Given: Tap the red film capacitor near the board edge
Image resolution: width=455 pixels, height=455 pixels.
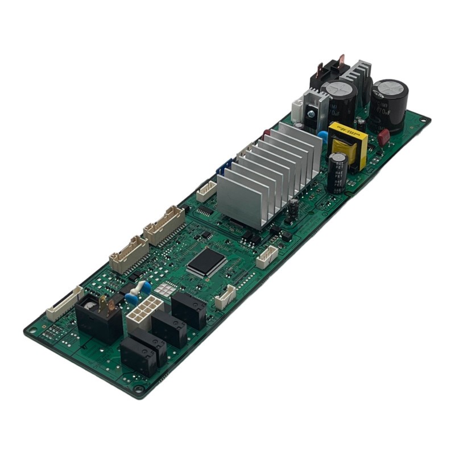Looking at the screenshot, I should [x=383, y=137].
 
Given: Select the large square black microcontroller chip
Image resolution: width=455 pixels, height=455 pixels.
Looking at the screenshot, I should [x=205, y=262].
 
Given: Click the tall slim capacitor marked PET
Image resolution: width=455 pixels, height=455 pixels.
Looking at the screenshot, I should [x=337, y=171].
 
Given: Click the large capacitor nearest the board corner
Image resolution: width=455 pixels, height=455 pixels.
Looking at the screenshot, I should [x=390, y=102].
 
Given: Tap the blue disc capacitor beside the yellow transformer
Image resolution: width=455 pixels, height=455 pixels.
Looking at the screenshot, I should [x=323, y=137].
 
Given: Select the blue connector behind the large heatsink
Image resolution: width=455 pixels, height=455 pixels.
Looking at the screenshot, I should [x=224, y=168].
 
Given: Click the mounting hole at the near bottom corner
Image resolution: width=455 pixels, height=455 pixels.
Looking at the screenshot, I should [x=138, y=389].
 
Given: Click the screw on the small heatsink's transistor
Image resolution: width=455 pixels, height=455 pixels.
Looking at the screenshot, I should [x=311, y=113].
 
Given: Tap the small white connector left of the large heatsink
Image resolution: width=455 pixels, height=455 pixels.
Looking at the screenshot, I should [x=206, y=192].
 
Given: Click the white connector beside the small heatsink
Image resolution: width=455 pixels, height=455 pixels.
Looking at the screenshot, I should [x=297, y=109].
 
